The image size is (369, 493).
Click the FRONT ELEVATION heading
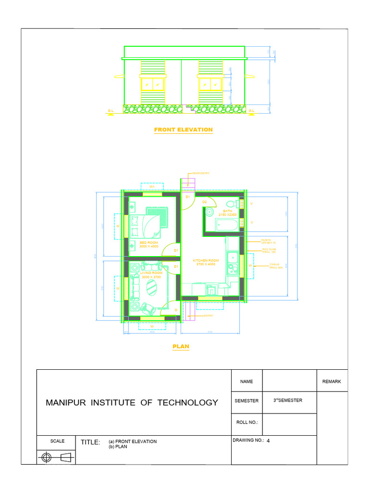click(183, 130)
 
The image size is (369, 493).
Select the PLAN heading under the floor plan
click(181, 346)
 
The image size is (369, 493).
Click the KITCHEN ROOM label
click(206, 262)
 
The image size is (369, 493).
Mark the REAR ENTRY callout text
click(200, 173)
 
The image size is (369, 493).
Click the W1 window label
click(152, 186)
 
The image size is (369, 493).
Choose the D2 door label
click(204, 202)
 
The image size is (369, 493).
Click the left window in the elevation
click(152, 84)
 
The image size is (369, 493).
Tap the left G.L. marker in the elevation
click(111, 111)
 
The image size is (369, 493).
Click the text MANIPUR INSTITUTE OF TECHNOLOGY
click(132, 402)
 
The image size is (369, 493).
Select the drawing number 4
click(275, 440)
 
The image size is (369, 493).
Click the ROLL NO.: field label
click(246, 422)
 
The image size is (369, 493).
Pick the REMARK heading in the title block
click(332, 381)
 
